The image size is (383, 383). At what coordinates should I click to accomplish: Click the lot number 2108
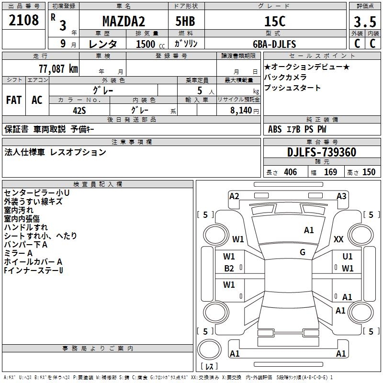[x=24, y=21]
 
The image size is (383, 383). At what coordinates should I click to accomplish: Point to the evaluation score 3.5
[x=364, y=22]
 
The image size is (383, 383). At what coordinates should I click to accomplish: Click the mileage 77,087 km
[x=57, y=68]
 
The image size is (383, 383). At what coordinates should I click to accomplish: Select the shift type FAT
[x=14, y=100]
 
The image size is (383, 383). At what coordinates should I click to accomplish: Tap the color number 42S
[x=79, y=110]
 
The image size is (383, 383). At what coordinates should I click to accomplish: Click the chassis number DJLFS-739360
[x=322, y=152]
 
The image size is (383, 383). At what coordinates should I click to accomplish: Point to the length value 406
[x=290, y=172]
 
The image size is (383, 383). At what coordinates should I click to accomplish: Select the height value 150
[x=369, y=172]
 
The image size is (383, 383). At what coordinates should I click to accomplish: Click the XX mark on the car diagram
[x=339, y=239]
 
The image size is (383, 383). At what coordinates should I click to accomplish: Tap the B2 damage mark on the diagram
[x=229, y=269]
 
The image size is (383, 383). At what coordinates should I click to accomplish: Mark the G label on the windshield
[x=303, y=252]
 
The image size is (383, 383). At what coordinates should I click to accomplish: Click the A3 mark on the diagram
[x=341, y=196]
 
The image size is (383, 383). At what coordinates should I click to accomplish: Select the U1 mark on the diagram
[x=348, y=257]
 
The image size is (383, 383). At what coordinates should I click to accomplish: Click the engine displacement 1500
[x=146, y=44]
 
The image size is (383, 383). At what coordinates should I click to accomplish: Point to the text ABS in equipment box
[x=275, y=129]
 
